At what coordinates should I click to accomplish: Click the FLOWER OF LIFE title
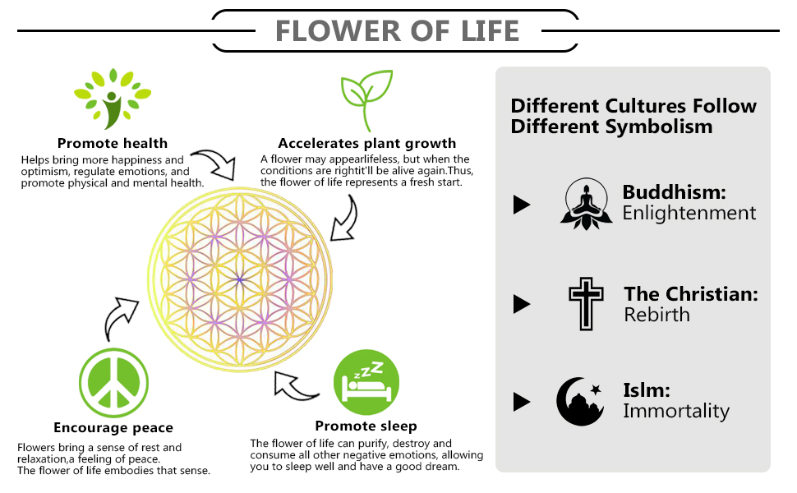pyautogui.click(x=397, y=30)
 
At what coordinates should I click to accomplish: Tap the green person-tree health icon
pyautogui.click(x=113, y=99)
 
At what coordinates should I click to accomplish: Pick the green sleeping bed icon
pyautogui.click(x=366, y=380)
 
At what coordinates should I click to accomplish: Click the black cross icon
pyautogui.click(x=586, y=304)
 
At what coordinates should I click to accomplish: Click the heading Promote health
pyautogui.click(x=113, y=144)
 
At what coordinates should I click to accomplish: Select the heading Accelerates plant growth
pyautogui.click(x=367, y=144)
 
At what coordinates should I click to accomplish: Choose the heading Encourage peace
pyautogui.click(x=113, y=427)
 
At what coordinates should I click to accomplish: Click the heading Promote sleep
pyautogui.click(x=366, y=426)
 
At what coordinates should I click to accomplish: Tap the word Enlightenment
pyautogui.click(x=689, y=214)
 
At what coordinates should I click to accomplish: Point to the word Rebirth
pyautogui.click(x=656, y=315)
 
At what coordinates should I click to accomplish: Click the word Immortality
pyautogui.click(x=675, y=411)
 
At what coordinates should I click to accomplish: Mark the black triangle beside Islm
pyautogui.click(x=522, y=402)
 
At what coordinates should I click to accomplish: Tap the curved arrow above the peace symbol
pyautogui.click(x=122, y=318)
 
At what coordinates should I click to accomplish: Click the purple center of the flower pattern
pyautogui.click(x=240, y=279)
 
